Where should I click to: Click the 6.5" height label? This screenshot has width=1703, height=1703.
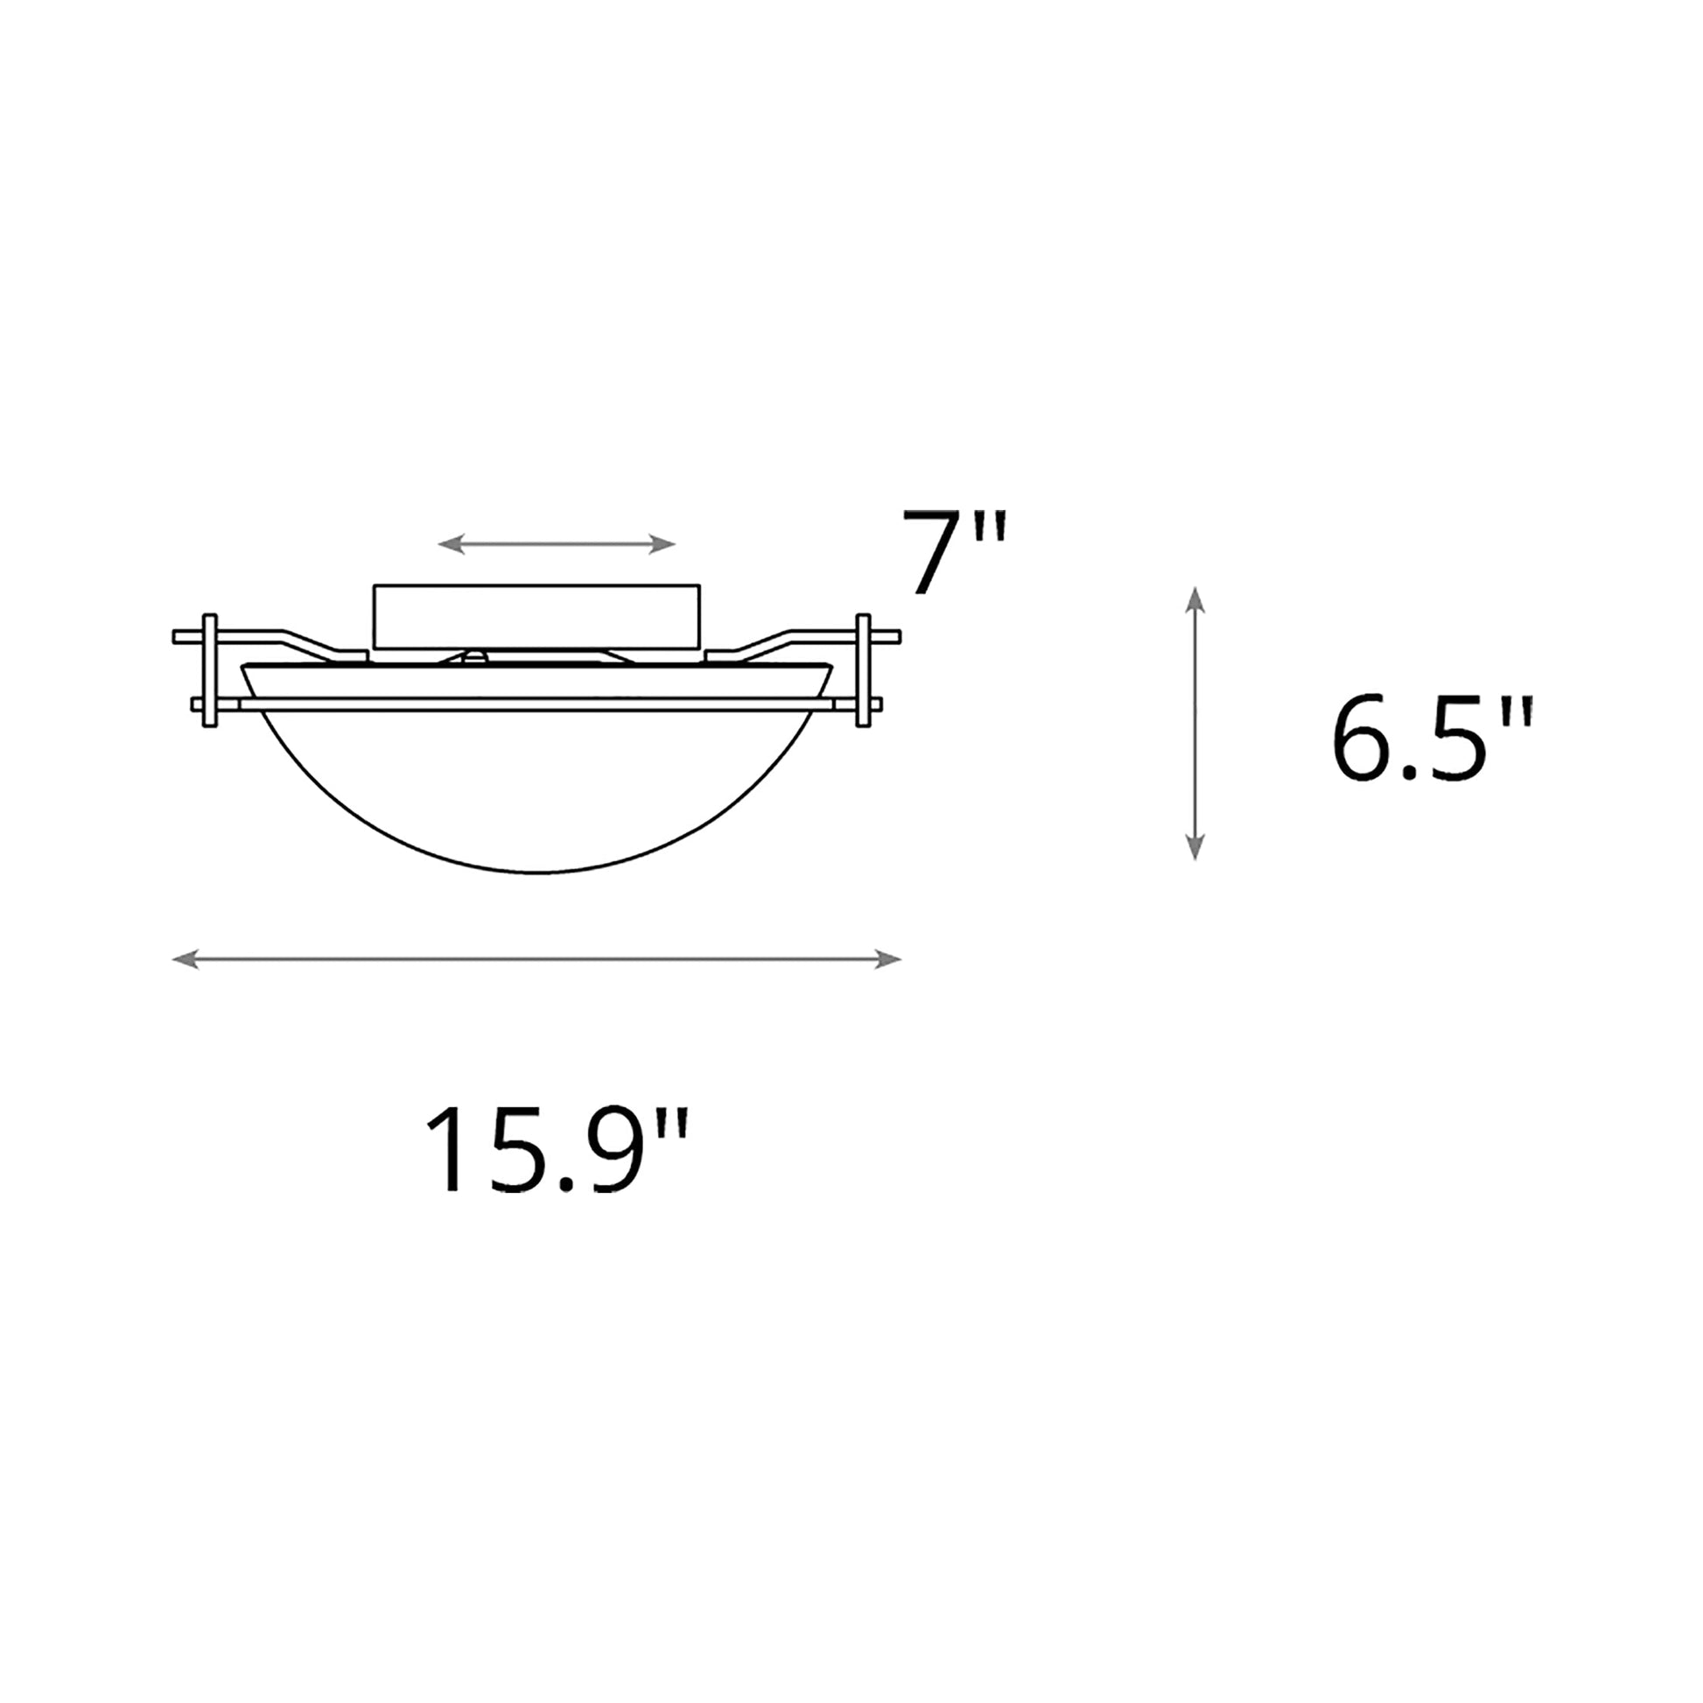tap(1432, 739)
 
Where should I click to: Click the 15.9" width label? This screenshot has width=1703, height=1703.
tap(556, 1150)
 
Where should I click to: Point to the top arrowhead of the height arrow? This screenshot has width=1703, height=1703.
tap(1195, 599)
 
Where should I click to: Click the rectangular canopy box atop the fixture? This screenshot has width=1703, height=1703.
tap(536, 616)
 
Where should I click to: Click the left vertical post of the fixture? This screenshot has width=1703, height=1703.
tap(210, 670)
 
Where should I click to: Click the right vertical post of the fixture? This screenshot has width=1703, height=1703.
tap(863, 670)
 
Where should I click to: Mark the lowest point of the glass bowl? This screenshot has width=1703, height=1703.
tap(536, 873)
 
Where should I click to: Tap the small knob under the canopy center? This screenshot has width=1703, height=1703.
tap(475, 655)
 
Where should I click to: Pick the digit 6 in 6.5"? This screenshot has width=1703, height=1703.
tap(1364, 739)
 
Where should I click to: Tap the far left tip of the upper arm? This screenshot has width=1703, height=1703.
tap(176, 636)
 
